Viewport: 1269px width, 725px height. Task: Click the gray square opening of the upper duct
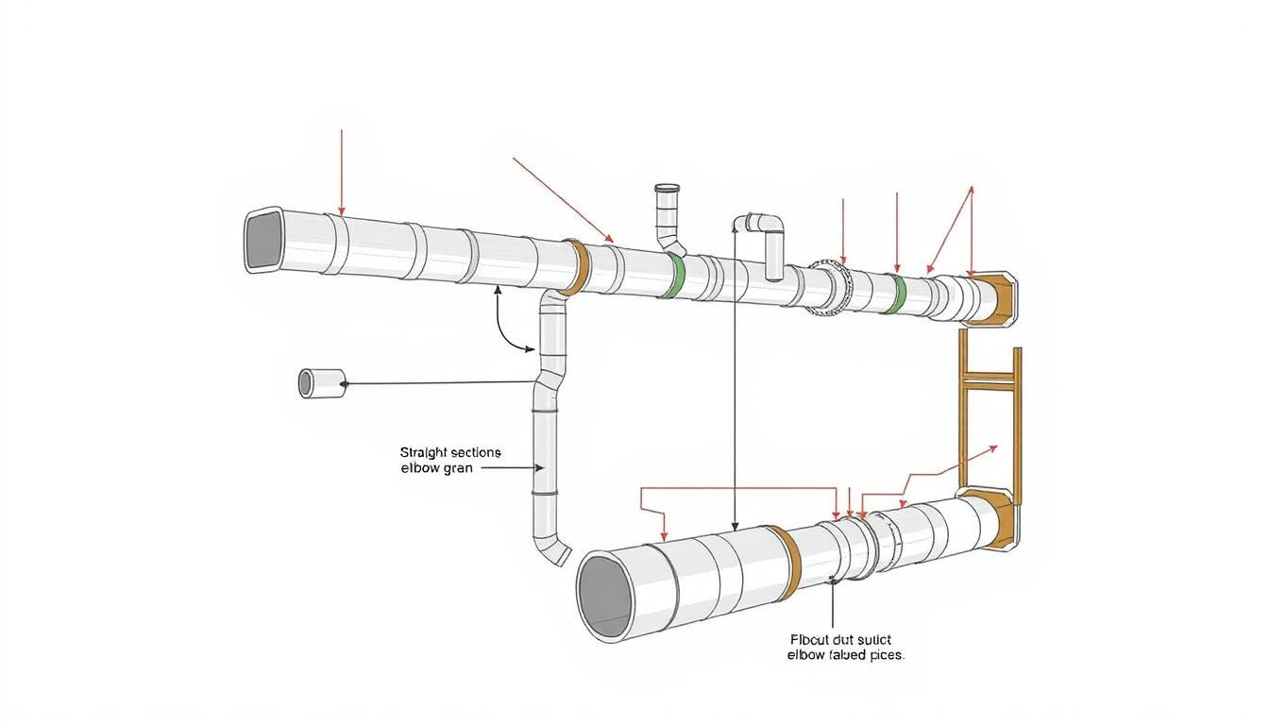point(265,240)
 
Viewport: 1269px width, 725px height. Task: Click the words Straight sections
point(450,452)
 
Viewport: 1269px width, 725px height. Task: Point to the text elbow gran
point(436,467)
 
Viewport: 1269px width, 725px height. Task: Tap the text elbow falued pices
point(845,654)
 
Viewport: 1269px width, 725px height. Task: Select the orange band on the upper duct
point(577,267)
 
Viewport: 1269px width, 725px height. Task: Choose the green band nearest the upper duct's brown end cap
point(899,294)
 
